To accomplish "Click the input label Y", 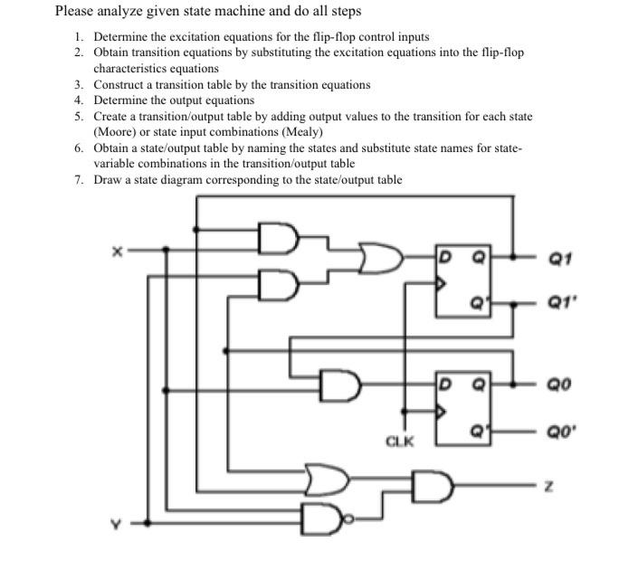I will (115, 522).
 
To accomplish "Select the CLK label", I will (399, 441).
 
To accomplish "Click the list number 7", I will (79, 179).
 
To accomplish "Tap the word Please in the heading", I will (75, 12).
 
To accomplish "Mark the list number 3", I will (79, 84).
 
